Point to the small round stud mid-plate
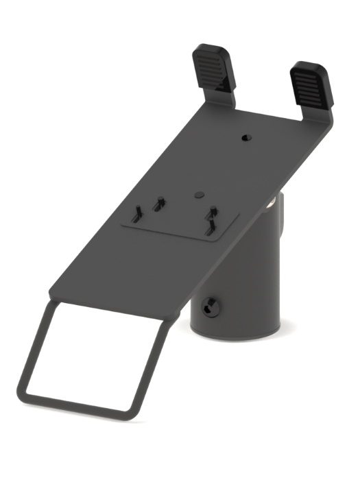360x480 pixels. coord(198,195)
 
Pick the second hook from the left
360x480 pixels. coord(160,203)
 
